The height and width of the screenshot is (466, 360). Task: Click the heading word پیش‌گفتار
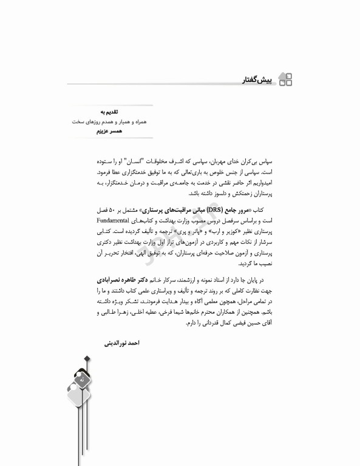point(258,79)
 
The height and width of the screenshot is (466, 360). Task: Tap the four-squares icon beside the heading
point(285,79)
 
